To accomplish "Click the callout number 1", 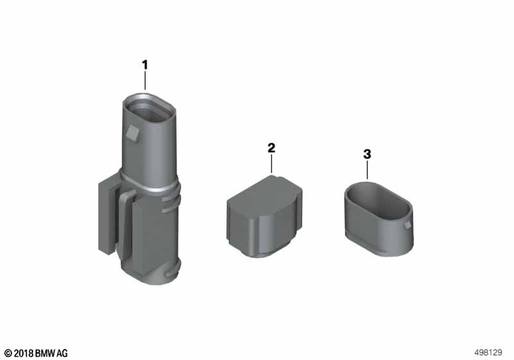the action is tap(145, 65).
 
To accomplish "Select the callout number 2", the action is tap(271, 148).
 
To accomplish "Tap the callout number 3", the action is tap(367, 154).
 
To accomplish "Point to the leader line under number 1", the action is tap(145, 80).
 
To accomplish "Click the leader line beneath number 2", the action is tap(271, 164).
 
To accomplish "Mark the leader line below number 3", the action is tap(367, 170).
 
